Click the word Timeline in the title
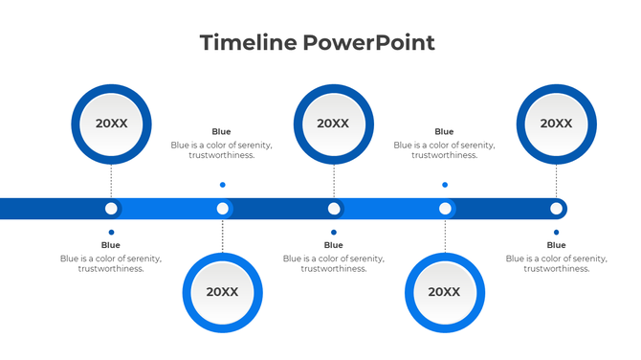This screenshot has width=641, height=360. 248,42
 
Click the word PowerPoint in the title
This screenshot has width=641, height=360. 368,42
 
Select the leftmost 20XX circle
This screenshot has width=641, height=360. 111,123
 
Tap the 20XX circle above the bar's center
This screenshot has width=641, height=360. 333,123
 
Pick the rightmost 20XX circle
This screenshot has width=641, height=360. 556,123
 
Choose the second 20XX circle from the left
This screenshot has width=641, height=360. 222,292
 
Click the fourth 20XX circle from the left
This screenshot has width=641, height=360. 444,292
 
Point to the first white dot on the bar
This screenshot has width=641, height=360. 111,208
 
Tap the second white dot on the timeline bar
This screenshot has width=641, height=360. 222,208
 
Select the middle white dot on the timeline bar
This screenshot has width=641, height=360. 334,208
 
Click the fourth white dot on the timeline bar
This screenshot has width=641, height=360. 445,208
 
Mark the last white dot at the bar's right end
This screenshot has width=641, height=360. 556,208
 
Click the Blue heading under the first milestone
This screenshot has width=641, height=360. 111,245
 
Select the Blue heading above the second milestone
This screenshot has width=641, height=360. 221,132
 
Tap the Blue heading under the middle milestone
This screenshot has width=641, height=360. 333,245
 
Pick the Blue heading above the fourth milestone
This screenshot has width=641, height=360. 444,132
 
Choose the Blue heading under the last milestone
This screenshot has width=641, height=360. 556,245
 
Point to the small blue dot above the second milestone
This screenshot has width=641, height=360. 222,185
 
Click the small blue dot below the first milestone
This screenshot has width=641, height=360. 111,232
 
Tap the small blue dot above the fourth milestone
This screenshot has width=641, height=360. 445,185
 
